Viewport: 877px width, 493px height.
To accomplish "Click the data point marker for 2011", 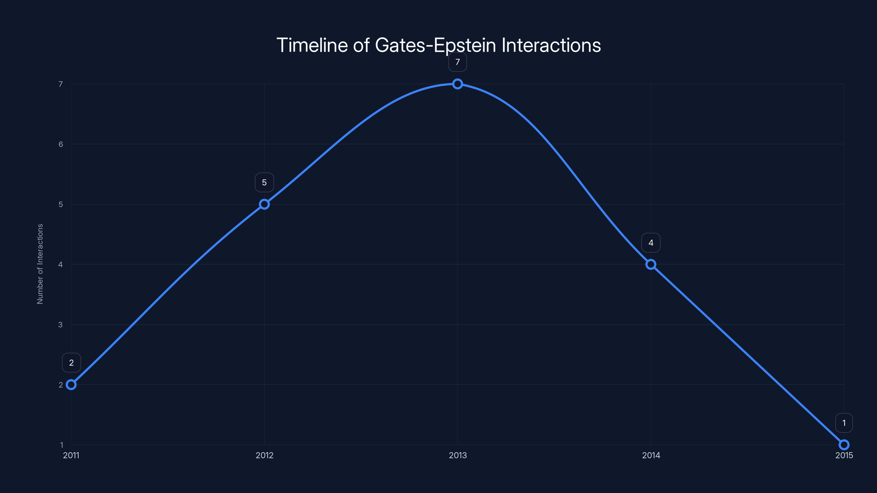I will [x=71, y=385].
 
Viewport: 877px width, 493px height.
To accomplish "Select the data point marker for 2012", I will [x=264, y=204].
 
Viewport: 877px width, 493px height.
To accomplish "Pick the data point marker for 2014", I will [x=651, y=264].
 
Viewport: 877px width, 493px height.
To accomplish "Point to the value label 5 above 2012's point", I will [x=264, y=182].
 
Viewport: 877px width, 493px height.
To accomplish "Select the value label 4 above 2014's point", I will [x=651, y=243].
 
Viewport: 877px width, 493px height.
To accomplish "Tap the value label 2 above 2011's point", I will [x=71, y=363].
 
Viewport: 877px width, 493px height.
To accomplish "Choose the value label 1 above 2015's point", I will [x=844, y=423].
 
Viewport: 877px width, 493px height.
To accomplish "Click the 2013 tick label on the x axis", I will [x=458, y=455].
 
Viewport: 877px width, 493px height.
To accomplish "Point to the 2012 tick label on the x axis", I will [x=264, y=455].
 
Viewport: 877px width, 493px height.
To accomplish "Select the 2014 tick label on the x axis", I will [x=651, y=455].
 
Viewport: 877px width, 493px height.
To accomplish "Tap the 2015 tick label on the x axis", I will [x=844, y=455].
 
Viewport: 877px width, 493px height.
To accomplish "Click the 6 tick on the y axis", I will [x=61, y=144].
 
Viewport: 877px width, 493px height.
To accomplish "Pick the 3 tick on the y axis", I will [x=61, y=325].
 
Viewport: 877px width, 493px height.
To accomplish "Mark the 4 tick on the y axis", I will [x=61, y=264].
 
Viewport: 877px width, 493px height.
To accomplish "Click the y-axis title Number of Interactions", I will [x=40, y=264].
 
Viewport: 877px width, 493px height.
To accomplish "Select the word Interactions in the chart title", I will [x=551, y=45].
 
